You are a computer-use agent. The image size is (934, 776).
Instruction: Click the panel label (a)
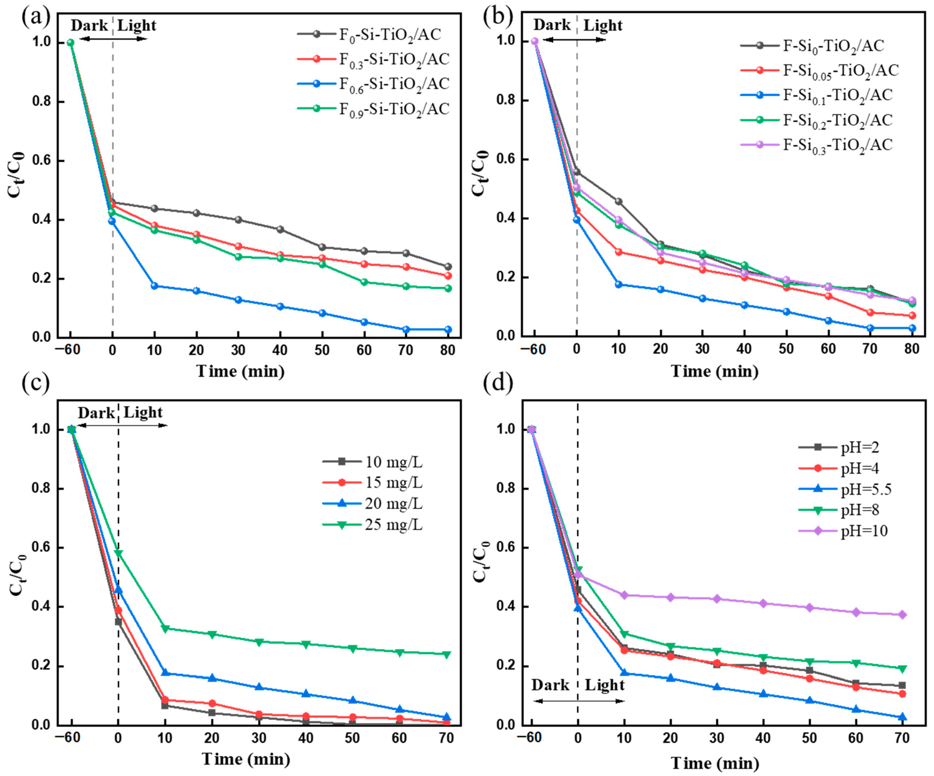coord(36,18)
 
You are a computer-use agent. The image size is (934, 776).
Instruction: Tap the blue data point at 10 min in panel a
coord(154,286)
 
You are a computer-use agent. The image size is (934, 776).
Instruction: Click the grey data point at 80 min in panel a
coord(448,267)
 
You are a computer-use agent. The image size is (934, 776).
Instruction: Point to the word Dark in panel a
coord(89,25)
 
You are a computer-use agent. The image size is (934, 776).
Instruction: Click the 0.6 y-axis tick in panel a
coord(42,161)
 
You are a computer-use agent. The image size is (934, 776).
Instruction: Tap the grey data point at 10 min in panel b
coord(618,202)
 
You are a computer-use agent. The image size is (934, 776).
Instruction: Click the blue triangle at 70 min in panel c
coord(447,717)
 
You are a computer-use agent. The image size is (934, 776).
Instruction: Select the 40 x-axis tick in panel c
coord(305,738)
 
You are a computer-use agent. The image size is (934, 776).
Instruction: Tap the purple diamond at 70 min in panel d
coord(902,615)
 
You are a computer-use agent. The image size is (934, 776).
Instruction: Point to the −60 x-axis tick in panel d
coord(529,738)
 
